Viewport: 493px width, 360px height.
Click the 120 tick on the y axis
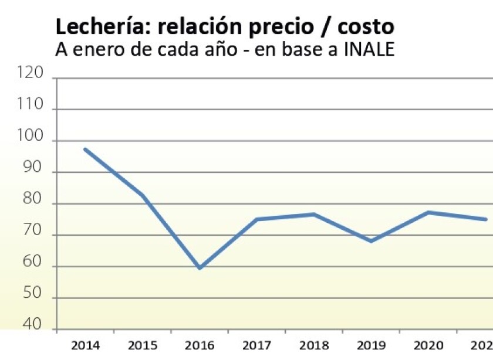(x=32, y=73)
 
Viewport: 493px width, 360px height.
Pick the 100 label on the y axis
(x=32, y=137)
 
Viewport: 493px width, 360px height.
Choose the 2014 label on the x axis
(x=85, y=345)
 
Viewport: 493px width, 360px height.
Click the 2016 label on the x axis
(x=200, y=345)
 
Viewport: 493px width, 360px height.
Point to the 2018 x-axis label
(x=314, y=345)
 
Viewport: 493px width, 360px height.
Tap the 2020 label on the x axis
(x=429, y=345)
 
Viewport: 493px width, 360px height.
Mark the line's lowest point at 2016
(x=200, y=268)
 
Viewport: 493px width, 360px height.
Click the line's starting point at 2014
(x=85, y=150)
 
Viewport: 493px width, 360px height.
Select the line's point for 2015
(x=142, y=195)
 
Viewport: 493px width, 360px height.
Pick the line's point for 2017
(x=257, y=219)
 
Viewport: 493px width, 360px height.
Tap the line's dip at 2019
(x=372, y=241)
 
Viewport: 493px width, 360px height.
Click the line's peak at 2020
(x=429, y=212)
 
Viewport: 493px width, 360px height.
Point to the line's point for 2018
(x=314, y=215)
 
